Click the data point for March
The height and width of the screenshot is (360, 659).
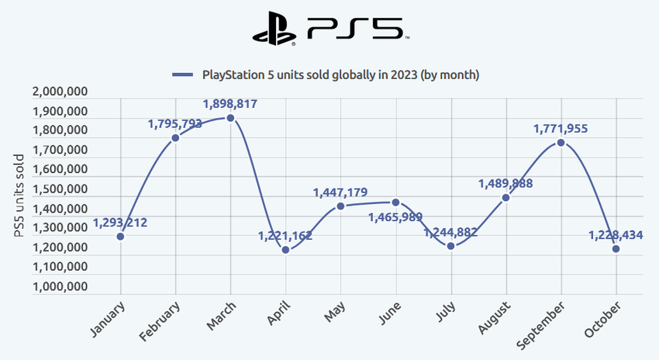pyautogui.click(x=230, y=118)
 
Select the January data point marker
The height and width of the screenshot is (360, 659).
pyautogui.click(x=120, y=236)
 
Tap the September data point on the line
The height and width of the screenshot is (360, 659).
pyautogui.click(x=561, y=143)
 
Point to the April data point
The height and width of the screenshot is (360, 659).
pyautogui.click(x=285, y=250)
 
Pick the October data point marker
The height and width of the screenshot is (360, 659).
pyautogui.click(x=616, y=249)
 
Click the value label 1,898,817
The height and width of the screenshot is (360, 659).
pyautogui.click(x=230, y=103)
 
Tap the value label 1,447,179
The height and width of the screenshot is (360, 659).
pyautogui.click(x=340, y=192)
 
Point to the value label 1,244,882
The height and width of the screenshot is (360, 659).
pyautogui.click(x=450, y=232)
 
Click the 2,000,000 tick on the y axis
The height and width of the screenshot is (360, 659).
pyautogui.click(x=60, y=92)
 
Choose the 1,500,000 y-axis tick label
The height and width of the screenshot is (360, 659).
pyautogui.click(x=60, y=189)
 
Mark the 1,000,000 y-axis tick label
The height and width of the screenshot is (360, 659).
pyautogui.click(x=60, y=286)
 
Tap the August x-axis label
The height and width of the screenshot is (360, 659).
pyautogui.click(x=493, y=317)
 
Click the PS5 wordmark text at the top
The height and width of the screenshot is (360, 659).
pyautogui.click(x=354, y=28)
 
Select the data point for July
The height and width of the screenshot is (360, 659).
pyautogui.click(x=450, y=246)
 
